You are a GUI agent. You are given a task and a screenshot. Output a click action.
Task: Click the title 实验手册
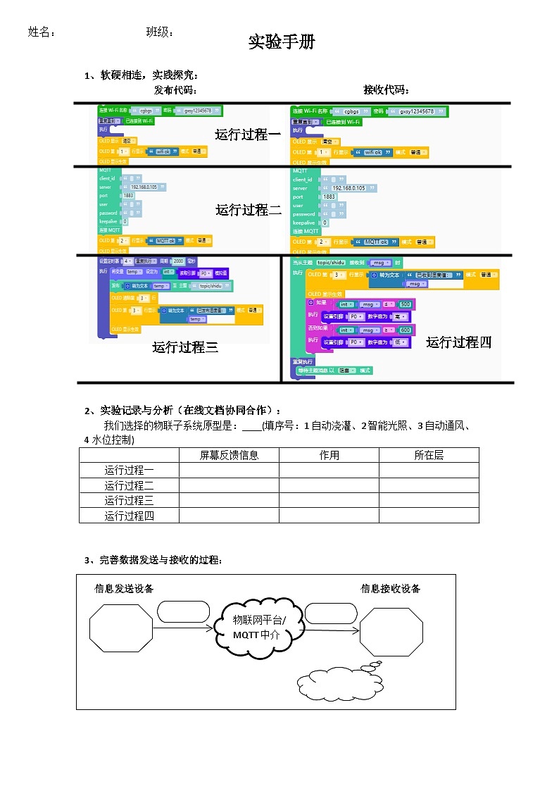[282, 42]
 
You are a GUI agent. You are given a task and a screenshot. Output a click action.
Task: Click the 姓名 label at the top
[41, 32]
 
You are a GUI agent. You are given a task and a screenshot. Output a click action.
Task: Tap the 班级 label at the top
[159, 32]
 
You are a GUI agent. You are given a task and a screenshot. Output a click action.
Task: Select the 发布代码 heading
[175, 89]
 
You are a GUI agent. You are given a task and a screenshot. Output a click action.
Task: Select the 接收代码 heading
[387, 89]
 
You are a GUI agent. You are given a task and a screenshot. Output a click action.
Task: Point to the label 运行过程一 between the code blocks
[248, 134]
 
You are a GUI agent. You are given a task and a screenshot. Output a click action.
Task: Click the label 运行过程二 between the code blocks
[249, 209]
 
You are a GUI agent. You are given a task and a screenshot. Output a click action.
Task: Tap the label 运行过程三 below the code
[185, 347]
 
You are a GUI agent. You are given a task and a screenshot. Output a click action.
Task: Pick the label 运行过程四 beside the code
[458, 342]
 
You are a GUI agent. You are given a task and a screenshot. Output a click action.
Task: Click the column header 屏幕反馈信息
[229, 455]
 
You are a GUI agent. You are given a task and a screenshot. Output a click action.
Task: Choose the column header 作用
[329, 455]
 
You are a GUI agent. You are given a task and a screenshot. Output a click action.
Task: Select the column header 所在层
[429, 455]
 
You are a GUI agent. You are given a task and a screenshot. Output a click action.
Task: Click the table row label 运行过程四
[129, 516]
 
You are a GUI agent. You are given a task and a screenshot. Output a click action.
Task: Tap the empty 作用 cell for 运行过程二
[329, 485]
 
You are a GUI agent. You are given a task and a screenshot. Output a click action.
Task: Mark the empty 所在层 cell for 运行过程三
[429, 500]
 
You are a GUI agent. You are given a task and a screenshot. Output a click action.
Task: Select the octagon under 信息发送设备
[120, 628]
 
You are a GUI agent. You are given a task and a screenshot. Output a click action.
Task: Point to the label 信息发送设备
[124, 588]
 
